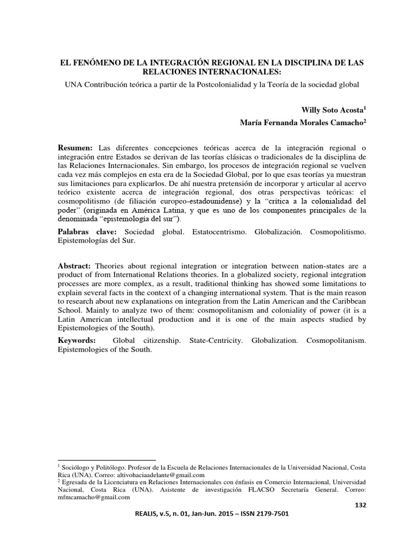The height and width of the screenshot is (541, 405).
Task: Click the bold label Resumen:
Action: click(x=75, y=146)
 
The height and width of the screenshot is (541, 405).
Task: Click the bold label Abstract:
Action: click(x=75, y=265)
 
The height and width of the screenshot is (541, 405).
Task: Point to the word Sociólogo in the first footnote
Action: click(x=76, y=468)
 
